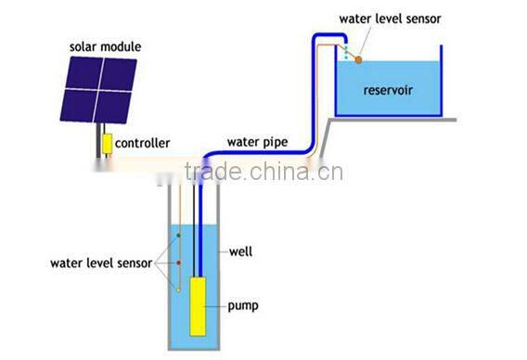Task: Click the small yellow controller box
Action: click(108, 144)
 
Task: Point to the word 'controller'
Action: click(143, 144)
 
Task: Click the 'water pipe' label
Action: click(257, 142)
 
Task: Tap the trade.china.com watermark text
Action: click(264, 171)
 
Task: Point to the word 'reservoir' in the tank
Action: click(388, 93)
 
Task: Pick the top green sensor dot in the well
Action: click(178, 237)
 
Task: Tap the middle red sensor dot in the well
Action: click(178, 263)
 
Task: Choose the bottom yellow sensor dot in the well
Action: click(178, 289)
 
